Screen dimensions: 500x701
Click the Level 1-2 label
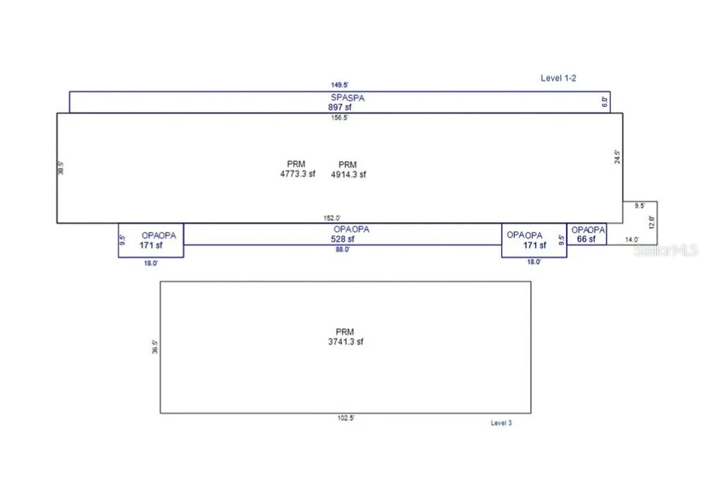tap(558, 78)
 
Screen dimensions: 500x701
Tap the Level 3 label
tap(501, 423)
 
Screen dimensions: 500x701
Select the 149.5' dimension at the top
tap(339, 85)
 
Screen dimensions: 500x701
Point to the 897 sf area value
tap(340, 107)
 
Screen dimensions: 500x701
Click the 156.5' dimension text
tap(339, 118)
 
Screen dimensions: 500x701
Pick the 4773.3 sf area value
tap(298, 174)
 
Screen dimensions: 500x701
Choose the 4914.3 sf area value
tap(348, 174)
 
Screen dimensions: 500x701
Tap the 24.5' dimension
tap(617, 157)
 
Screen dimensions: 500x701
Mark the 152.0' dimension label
tap(332, 218)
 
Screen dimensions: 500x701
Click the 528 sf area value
tap(342, 239)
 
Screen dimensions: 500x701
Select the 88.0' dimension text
tap(342, 249)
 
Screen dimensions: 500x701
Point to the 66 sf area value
tap(586, 239)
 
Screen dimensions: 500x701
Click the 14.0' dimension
tap(632, 239)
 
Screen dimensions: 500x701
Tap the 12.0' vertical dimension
tap(652, 223)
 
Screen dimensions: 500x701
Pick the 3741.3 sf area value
tap(345, 342)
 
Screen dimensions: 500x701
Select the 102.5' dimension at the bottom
tap(345, 418)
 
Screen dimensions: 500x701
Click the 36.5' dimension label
tap(155, 347)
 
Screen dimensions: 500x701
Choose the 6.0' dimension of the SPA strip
tap(605, 102)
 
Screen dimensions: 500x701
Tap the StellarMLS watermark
tap(665, 250)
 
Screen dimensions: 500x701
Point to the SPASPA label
tap(347, 98)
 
